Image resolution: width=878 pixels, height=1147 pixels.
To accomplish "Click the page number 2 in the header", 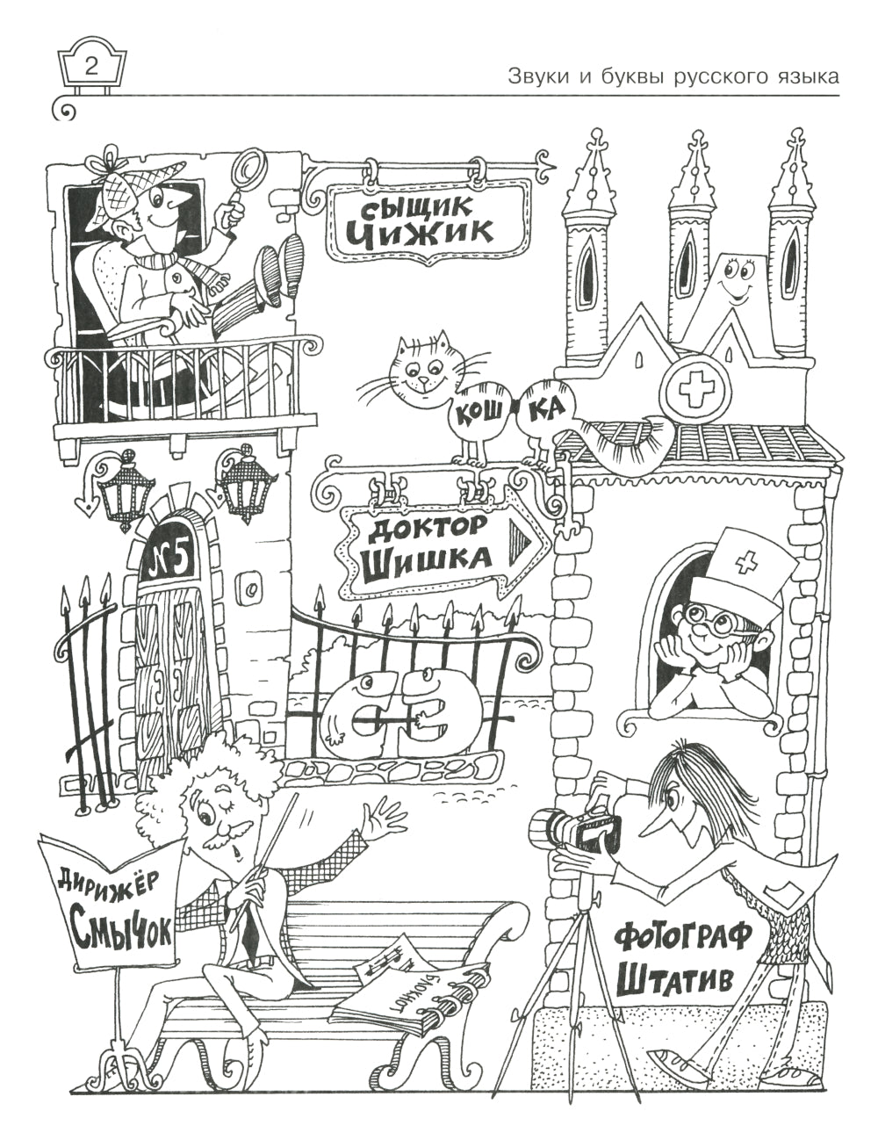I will (x=91, y=66).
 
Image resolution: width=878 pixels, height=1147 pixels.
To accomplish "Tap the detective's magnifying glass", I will (x=253, y=167).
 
